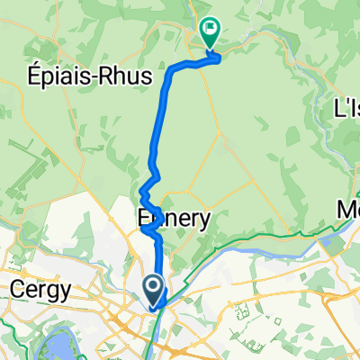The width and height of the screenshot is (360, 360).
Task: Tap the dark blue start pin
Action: [153, 290]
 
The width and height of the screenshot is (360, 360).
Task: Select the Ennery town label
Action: [175, 218]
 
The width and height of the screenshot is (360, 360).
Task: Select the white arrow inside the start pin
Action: [153, 287]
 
